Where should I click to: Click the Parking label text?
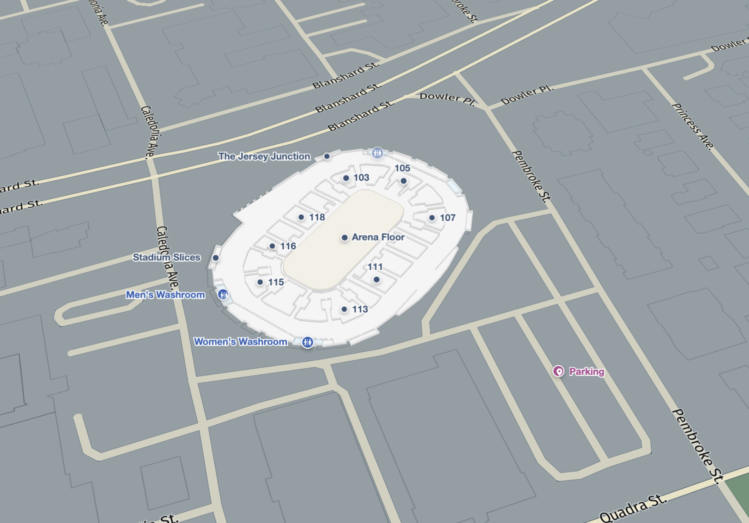(586, 372)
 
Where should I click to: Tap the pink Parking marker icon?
(558, 371)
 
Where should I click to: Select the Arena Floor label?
(378, 237)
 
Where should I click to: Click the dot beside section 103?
(346, 178)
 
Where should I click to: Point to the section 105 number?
(402, 168)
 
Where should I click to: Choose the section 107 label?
(447, 218)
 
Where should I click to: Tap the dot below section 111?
(376, 280)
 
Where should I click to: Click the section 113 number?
(360, 309)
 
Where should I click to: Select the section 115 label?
(275, 282)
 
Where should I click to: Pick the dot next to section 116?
(272, 246)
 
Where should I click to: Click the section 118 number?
(317, 217)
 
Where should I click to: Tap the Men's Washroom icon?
(223, 294)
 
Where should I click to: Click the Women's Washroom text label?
(240, 342)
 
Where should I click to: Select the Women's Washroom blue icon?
(307, 342)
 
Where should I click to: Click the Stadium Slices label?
(166, 257)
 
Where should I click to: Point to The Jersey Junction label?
(264, 156)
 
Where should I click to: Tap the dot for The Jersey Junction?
(327, 156)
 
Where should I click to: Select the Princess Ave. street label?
(693, 126)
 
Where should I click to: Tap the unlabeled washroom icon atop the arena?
(377, 153)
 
